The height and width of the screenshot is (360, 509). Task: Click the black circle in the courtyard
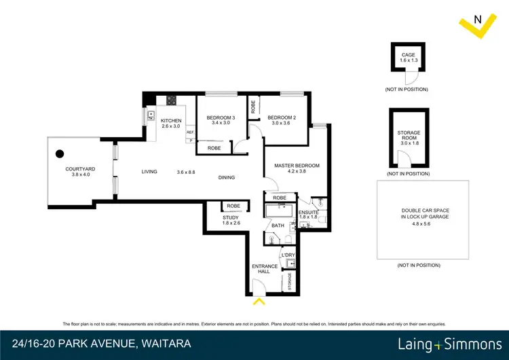pos(60,154)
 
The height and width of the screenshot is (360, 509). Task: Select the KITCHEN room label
pos(171,121)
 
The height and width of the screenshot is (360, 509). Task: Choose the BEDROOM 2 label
pos(280,114)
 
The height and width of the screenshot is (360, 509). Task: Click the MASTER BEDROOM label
pos(297,165)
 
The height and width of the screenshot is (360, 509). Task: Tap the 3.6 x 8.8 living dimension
pos(186,172)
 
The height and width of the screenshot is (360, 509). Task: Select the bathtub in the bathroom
pos(279,211)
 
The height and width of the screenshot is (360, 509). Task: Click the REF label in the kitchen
pos(191,132)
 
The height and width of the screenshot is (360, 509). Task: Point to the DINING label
pos(227,178)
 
